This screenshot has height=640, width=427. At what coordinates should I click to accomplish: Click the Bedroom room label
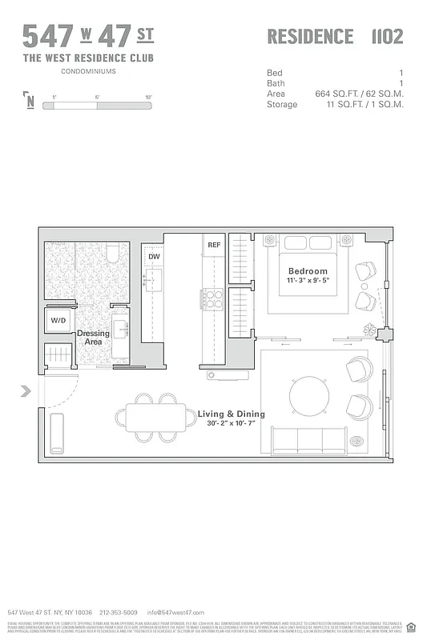tap(308, 271)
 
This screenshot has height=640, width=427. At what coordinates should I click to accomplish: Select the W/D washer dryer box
tap(59, 321)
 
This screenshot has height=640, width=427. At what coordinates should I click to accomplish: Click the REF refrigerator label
tap(214, 245)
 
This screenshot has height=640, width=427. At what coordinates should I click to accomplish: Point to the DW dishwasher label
tap(154, 256)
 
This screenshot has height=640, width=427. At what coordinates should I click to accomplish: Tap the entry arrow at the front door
tap(26, 390)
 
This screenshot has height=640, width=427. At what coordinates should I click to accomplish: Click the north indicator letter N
tap(30, 102)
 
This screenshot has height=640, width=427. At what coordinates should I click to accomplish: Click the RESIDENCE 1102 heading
tap(334, 37)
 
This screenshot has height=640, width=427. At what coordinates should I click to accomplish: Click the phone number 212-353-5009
tap(118, 612)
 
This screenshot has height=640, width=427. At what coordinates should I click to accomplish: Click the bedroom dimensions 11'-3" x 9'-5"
tap(308, 282)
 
